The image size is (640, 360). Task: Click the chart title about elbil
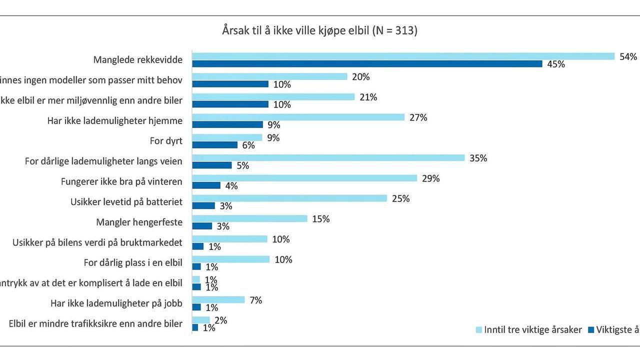[319, 30]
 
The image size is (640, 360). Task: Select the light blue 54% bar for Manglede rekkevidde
[403, 56]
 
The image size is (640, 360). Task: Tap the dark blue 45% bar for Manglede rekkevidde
[367, 64]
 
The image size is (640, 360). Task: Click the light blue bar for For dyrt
[227, 137]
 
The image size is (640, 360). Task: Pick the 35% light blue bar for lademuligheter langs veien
[328, 158]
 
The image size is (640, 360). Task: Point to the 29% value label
[430, 178]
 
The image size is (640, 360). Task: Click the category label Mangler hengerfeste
[139, 222]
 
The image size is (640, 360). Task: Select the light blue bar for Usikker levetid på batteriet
[289, 198]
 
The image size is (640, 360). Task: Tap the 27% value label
[418, 117]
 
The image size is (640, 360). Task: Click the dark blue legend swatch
[591, 330]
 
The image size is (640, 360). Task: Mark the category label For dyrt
[166, 141]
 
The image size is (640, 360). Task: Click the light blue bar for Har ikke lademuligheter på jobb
[218, 300]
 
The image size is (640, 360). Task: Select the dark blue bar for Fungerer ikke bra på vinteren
[206, 185]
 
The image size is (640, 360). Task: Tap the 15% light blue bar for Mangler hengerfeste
[249, 219]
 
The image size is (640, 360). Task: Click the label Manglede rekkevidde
[138, 60]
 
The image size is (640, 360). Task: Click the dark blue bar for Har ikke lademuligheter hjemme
[227, 124]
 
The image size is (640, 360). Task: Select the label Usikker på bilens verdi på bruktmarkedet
[97, 243]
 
